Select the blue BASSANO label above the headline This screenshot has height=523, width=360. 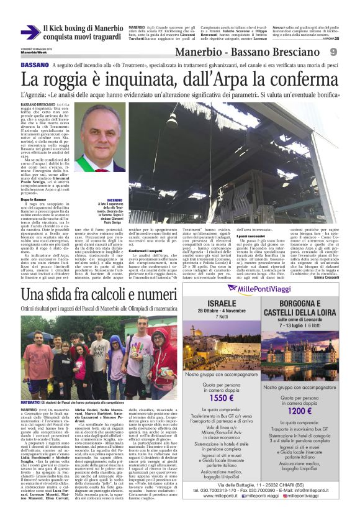pyautogui.click(x=35, y=66)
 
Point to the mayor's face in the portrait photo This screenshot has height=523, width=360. pyautogui.click(x=101, y=131)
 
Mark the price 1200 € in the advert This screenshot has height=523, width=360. pyautogui.click(x=300, y=411)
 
